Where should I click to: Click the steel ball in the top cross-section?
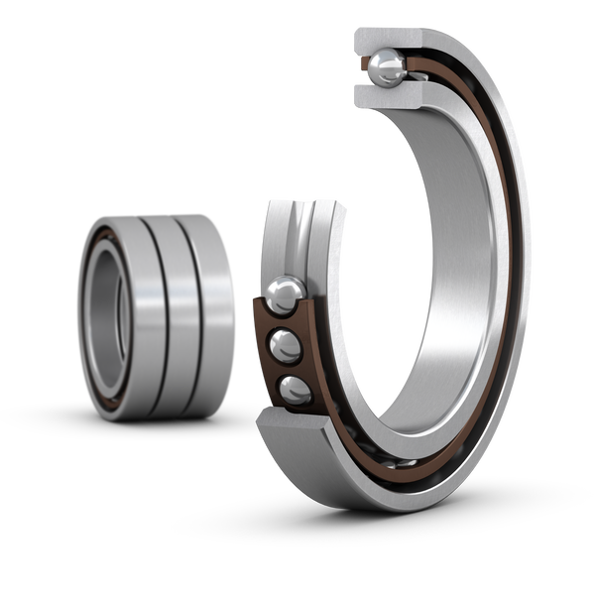386,67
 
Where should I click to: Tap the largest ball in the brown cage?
285,295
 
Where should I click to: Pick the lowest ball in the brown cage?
294,390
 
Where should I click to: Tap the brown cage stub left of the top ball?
361,67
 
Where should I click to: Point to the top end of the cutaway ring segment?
288,205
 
